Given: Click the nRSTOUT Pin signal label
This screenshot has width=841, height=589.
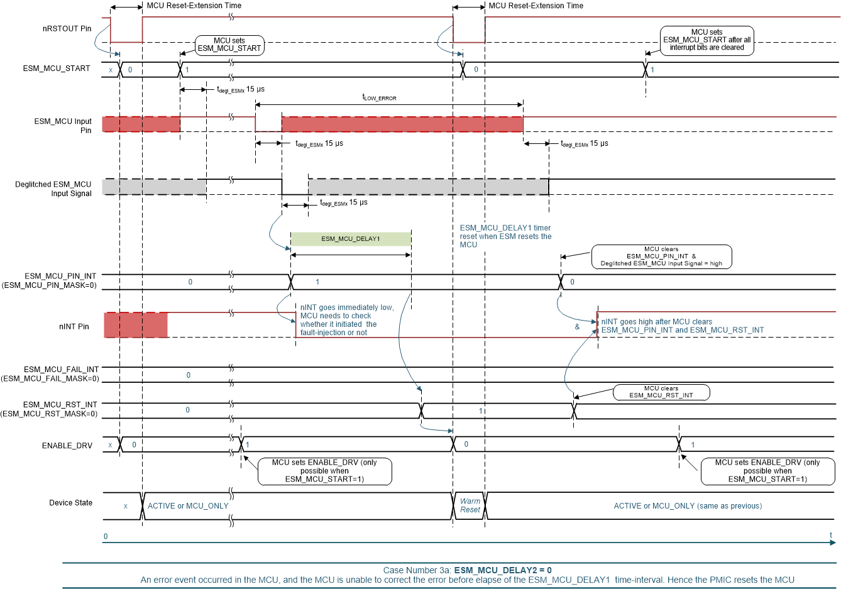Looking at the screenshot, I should [x=67, y=28].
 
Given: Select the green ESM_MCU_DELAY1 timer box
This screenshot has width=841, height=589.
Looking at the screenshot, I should [x=350, y=239].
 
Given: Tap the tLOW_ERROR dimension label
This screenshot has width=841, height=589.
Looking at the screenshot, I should [x=379, y=97].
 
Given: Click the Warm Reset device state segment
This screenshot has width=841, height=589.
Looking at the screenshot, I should [x=470, y=505].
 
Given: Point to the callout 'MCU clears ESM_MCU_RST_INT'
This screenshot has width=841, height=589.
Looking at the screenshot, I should [x=661, y=392].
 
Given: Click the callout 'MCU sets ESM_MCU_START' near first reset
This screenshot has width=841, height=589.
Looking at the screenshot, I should [x=229, y=45].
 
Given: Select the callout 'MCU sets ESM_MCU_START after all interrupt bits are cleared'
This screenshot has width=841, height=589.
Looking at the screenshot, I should [x=706, y=40].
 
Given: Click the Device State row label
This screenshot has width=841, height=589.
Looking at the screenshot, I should [x=70, y=503].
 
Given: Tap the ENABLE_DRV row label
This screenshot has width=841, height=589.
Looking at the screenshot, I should [x=67, y=446].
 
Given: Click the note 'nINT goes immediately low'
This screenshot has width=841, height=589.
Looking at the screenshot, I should [x=346, y=320].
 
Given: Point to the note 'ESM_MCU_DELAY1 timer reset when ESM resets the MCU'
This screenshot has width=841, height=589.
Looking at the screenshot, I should [x=505, y=236].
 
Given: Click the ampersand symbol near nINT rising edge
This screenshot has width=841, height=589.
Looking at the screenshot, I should [x=577, y=327].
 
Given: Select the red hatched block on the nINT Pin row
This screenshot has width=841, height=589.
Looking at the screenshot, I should [x=136, y=325].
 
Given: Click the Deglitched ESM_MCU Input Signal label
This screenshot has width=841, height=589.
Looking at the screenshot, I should [x=53, y=189].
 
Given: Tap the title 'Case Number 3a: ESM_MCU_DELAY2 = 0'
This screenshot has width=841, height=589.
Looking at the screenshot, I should [x=467, y=570].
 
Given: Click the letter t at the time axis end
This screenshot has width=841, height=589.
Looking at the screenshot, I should [x=830, y=536].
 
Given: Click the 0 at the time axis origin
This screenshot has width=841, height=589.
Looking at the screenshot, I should [x=106, y=537].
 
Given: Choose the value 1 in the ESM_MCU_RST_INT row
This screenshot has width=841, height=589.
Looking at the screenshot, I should [x=481, y=411].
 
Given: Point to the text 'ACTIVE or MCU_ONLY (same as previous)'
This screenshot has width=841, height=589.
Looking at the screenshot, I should [x=688, y=506].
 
